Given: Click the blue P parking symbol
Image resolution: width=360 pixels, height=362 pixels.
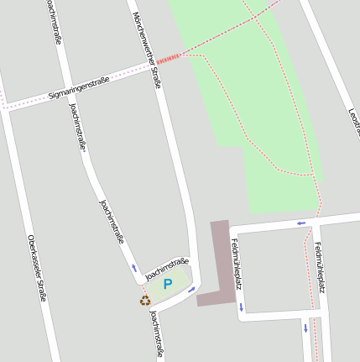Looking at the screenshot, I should tap(167, 285).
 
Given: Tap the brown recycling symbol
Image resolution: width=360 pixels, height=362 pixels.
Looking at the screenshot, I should tap(145, 300).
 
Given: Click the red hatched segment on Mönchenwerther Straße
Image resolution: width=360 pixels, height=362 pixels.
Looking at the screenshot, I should tap(169, 57).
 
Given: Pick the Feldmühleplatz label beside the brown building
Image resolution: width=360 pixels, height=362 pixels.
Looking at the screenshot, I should tap(237, 263).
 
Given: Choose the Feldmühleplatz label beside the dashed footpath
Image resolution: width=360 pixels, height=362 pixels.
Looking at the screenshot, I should tap(321, 267).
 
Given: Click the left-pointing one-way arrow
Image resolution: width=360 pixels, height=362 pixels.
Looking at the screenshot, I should tap(300, 223).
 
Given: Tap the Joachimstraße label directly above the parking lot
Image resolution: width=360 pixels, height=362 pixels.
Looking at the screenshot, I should tap(166, 268).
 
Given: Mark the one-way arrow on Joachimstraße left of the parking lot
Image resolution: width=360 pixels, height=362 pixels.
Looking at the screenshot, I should tap(133, 269).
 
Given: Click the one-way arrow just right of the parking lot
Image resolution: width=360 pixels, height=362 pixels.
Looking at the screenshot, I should tap(191, 290).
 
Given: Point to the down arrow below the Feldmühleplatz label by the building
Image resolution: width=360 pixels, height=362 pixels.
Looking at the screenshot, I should tap(241, 306).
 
